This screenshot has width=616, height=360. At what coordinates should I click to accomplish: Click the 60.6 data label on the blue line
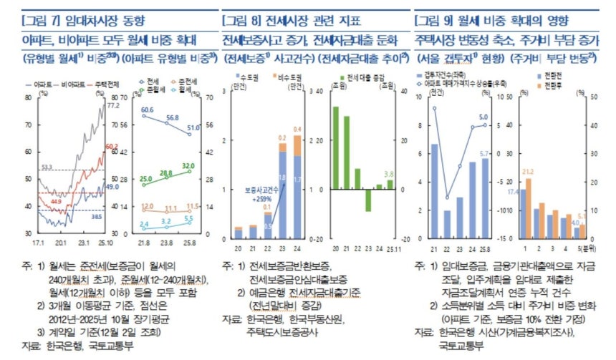click(x=147, y=110)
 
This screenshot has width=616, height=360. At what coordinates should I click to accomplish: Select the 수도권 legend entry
click(x=249, y=77)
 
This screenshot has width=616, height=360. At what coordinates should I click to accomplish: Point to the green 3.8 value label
click(x=390, y=173)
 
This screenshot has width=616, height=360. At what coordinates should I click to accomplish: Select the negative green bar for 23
click(x=367, y=200)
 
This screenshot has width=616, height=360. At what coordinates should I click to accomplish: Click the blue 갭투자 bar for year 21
click(x=434, y=190)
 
